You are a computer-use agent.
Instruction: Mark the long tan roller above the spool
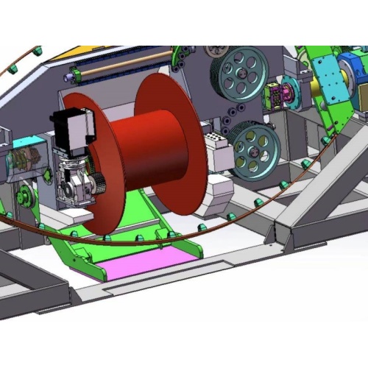click(125, 67)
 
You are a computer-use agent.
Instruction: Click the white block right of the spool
click(216, 155)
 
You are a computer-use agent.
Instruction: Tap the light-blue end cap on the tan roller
click(71, 75)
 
